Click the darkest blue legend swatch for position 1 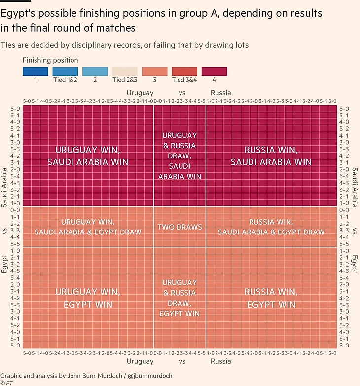click(x=36, y=71)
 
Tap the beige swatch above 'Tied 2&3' click(x=125, y=71)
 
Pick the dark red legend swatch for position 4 click(x=214, y=71)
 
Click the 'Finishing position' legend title click(x=50, y=60)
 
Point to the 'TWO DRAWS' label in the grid click(x=180, y=227)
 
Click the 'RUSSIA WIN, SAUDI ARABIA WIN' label click(x=271, y=155)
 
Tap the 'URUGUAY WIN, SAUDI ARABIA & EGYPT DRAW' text click(x=88, y=227)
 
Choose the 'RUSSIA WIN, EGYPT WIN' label click(x=271, y=298)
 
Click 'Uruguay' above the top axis click(x=140, y=93)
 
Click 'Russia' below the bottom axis click(x=220, y=361)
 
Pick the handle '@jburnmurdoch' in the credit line click(x=151, y=376)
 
